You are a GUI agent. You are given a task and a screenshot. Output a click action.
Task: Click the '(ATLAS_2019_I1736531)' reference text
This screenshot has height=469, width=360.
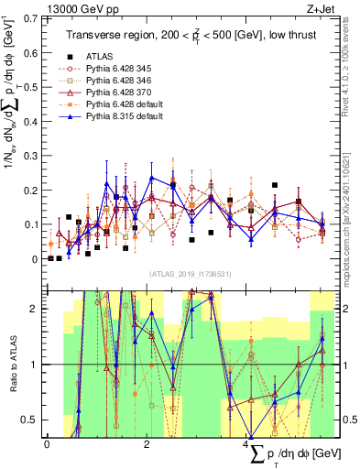[x=189, y=274]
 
